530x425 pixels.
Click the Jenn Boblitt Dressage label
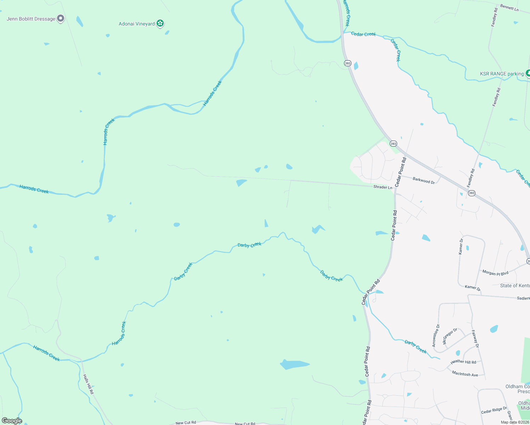coord(31,19)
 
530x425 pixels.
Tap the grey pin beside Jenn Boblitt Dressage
coord(61,18)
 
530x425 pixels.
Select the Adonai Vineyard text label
coord(136,24)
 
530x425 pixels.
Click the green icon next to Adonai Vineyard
coord(160,23)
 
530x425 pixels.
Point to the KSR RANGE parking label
coord(502,74)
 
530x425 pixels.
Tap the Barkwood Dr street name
coord(423,180)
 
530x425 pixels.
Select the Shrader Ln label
coord(383,187)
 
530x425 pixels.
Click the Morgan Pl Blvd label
coord(495,273)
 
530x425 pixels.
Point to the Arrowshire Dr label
coord(435,335)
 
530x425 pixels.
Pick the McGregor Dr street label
coord(450,336)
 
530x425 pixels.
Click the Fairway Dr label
coord(475,339)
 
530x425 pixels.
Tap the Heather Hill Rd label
coord(463,362)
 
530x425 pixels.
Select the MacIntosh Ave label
coord(465,374)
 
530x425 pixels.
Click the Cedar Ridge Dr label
coord(494,410)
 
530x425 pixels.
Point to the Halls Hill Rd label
coord(88,384)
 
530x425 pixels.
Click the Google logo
coord(12,421)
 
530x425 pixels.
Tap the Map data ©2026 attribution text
coord(515,422)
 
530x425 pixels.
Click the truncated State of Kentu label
coord(515,285)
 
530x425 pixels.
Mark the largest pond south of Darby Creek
coord(294,364)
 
